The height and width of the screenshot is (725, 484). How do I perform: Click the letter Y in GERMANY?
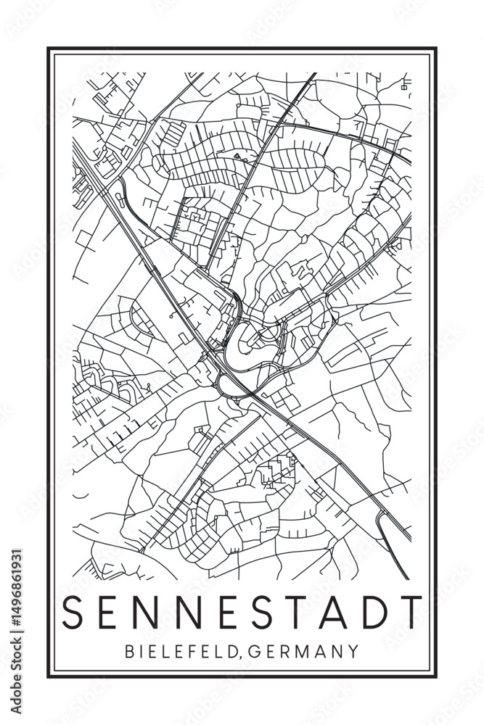[353, 651]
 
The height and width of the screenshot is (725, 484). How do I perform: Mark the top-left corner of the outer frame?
[49, 49]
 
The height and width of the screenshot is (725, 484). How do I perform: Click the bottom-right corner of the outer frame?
[436, 677]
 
